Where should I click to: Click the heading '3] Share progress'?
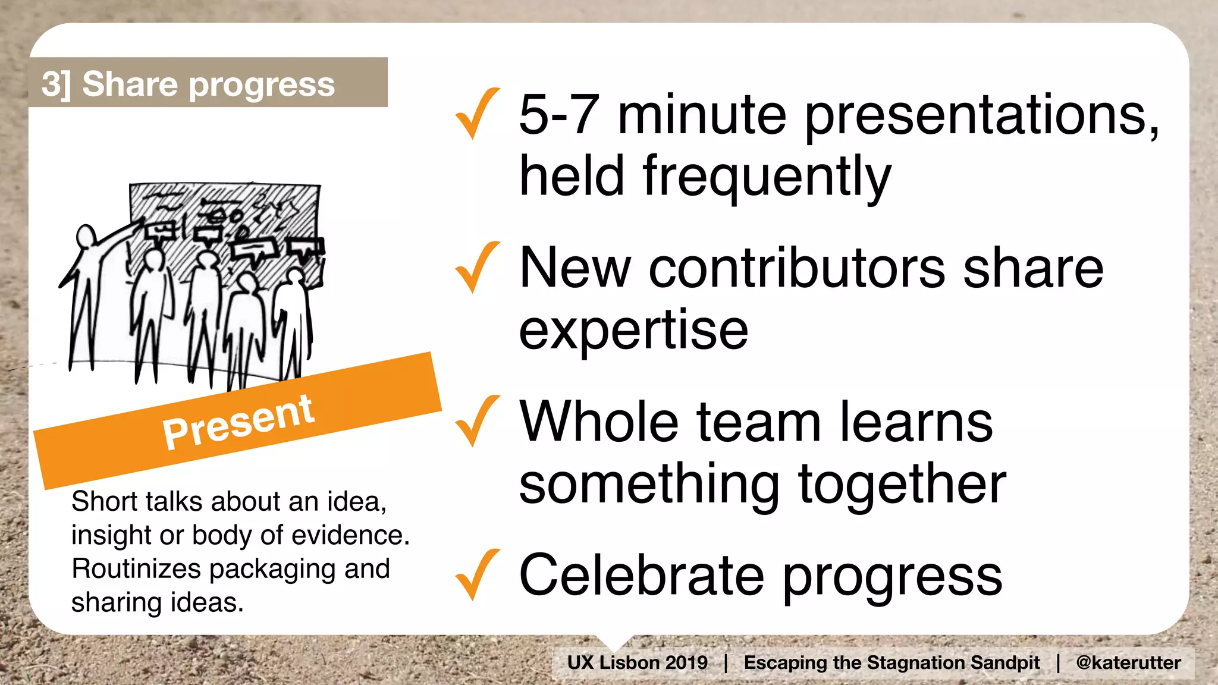point(188,84)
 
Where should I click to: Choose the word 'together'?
point(902,484)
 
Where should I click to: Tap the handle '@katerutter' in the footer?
point(1128,662)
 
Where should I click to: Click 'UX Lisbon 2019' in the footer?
point(637,662)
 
